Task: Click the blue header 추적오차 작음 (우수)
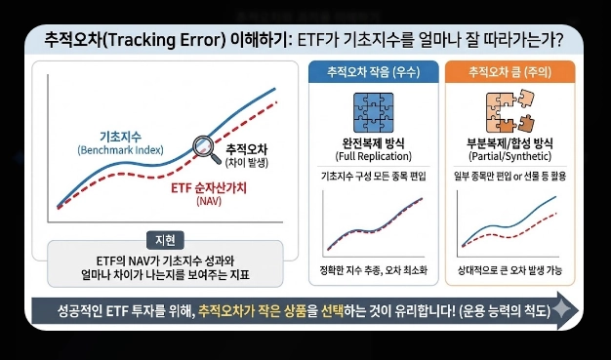[x=372, y=72]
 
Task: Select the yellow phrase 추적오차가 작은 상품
[x=254, y=310]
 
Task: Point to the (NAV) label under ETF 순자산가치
[x=210, y=202]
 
